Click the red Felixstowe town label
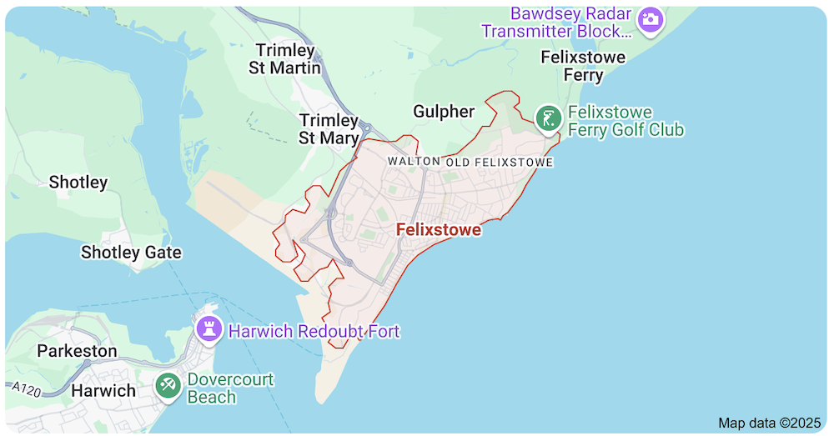click(439, 229)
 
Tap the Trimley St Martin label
click(284, 59)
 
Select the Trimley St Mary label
click(329, 129)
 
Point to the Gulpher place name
click(444, 112)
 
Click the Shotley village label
click(78, 182)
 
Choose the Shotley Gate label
click(131, 252)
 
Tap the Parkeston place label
click(77, 351)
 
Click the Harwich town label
click(103, 390)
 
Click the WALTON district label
click(414, 161)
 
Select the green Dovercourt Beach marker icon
click(168, 386)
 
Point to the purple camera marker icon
click(650, 18)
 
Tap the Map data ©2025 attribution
click(769, 423)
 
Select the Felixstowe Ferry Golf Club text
click(625, 121)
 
